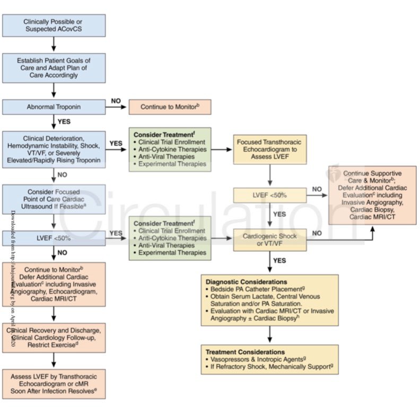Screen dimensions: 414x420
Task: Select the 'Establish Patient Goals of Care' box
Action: point(54,68)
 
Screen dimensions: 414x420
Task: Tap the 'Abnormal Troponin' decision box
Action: point(54,107)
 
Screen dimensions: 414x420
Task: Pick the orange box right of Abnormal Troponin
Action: point(170,107)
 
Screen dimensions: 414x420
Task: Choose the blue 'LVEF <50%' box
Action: point(54,239)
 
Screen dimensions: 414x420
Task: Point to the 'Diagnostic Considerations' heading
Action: point(246,282)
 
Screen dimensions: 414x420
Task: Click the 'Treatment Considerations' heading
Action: point(244,352)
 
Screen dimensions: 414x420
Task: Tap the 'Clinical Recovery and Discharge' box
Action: point(54,338)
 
